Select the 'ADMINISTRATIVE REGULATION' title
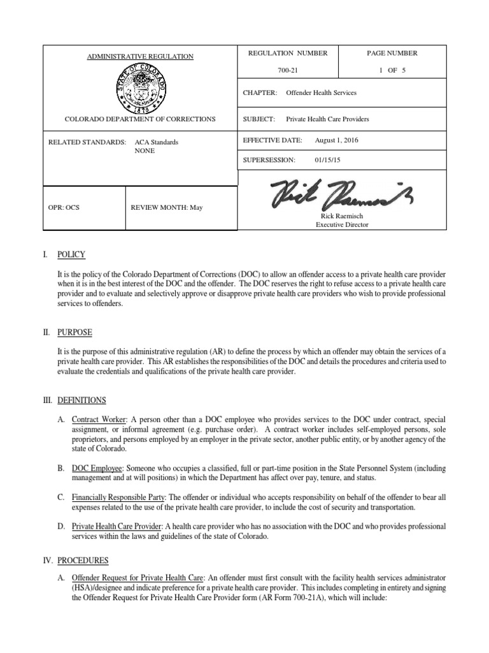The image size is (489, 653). click(x=140, y=57)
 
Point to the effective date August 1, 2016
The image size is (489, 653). click(x=337, y=140)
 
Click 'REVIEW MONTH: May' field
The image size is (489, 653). click(x=166, y=208)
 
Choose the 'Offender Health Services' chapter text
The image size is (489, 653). click(x=321, y=92)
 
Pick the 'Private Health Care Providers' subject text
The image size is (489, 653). click(x=327, y=119)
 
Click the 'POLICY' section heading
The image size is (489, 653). click(x=71, y=254)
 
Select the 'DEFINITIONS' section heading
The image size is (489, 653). click(x=81, y=400)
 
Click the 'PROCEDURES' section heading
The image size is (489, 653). click(x=83, y=561)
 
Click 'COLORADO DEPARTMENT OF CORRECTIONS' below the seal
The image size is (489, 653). click(x=140, y=119)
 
